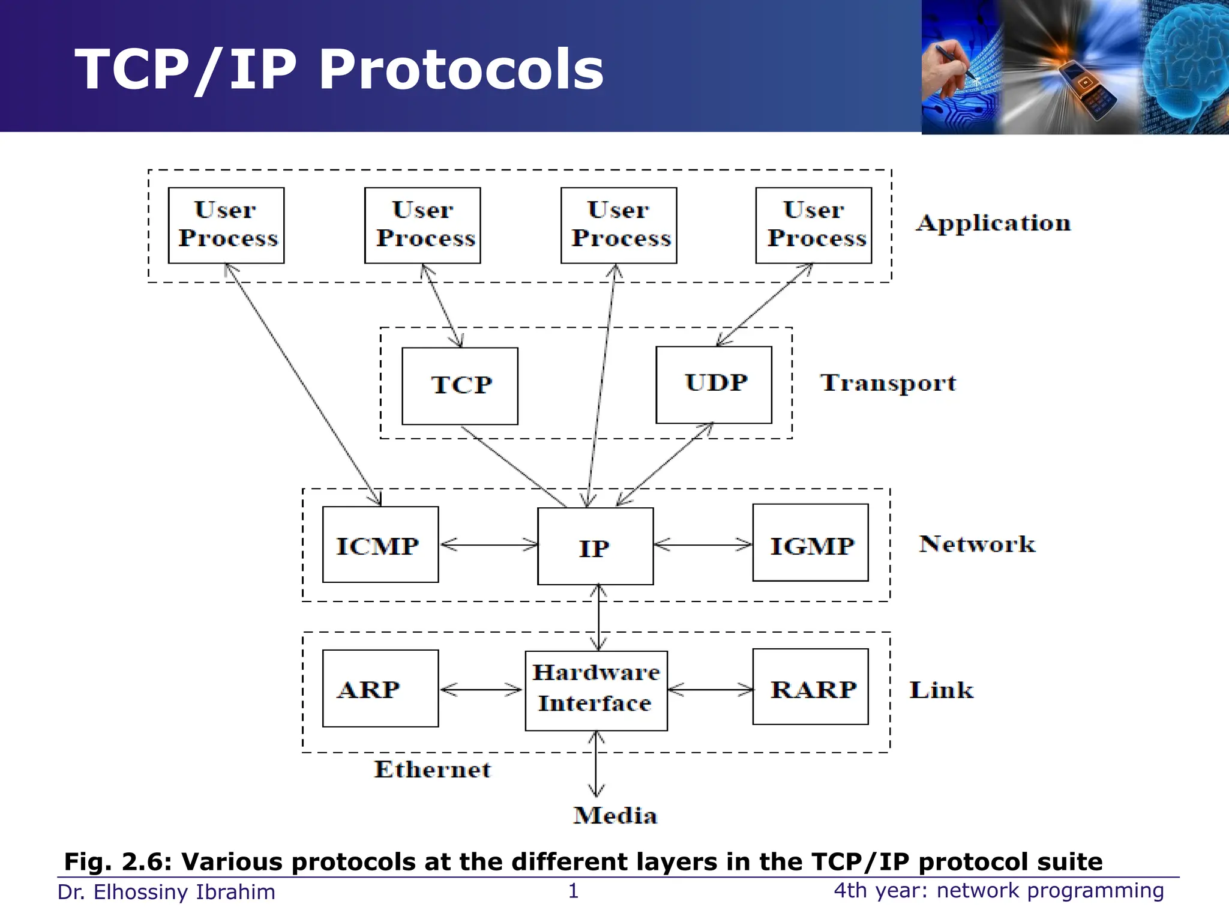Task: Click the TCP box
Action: tap(460, 386)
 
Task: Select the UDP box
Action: tap(714, 385)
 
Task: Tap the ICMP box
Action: tap(380, 544)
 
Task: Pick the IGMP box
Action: tap(811, 543)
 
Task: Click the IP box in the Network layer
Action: tap(595, 546)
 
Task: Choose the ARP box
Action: tap(380, 688)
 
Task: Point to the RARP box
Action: tap(811, 687)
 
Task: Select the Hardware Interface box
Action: tap(596, 690)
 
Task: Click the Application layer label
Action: tap(993, 223)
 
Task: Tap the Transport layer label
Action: tap(888, 383)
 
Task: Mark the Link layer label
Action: tap(941, 690)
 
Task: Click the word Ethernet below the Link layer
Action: tap(432, 770)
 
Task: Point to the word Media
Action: tap(615, 816)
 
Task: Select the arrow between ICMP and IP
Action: tap(488, 545)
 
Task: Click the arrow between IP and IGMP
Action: tap(703, 545)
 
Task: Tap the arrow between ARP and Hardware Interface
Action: tap(481, 690)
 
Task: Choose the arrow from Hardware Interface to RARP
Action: tap(710, 690)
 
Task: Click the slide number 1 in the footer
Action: tap(573, 891)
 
